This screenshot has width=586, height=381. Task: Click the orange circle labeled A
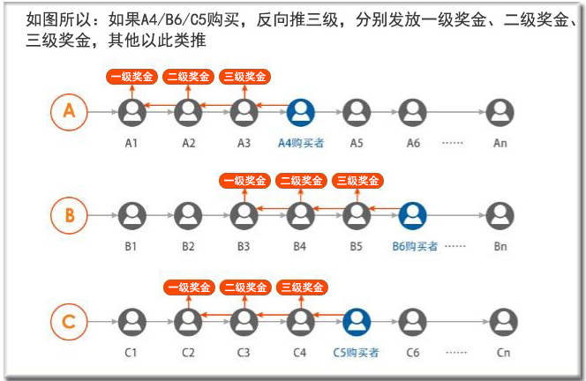tap(69, 112)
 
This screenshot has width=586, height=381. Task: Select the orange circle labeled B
tap(69, 216)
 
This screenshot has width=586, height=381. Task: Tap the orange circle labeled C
tap(69, 322)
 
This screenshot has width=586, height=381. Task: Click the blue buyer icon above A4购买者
tap(301, 112)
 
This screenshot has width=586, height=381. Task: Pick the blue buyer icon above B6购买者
tap(412, 216)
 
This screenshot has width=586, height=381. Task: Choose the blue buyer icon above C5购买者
tap(357, 322)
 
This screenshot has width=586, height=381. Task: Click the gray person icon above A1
tap(131, 112)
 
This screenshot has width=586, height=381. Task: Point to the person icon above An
tap(500, 112)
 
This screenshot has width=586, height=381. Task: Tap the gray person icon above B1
tap(131, 216)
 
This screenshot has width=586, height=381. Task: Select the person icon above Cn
tap(503, 322)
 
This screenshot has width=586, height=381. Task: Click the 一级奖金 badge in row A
tap(131, 77)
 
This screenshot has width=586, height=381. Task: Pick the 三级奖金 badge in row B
tap(357, 182)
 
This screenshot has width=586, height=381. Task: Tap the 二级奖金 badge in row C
tap(245, 288)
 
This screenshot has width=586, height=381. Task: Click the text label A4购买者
tap(301, 142)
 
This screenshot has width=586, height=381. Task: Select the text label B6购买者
tap(415, 246)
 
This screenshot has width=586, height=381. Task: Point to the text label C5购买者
tap(357, 352)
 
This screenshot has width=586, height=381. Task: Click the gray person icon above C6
tap(412, 322)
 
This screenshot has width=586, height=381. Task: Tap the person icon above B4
tap(301, 216)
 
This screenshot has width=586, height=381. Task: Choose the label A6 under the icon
tap(412, 142)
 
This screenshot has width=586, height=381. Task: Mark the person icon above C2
tap(188, 322)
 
